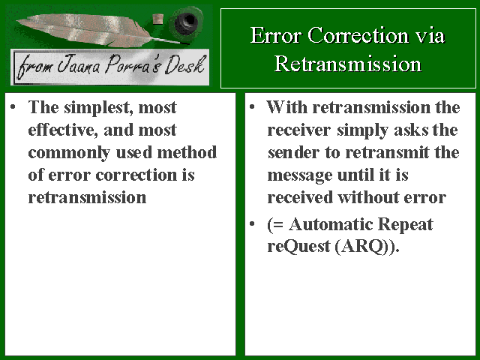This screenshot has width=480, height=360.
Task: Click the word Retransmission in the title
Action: tap(348, 64)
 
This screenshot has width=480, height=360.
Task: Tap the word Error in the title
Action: tap(275, 35)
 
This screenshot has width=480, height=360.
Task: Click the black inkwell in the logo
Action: tap(186, 21)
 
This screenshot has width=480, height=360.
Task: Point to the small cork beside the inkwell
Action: tap(158, 19)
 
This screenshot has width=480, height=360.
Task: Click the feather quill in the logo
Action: tap(91, 29)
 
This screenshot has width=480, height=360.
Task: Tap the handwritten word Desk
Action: tap(184, 65)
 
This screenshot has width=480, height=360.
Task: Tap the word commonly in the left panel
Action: tap(69, 153)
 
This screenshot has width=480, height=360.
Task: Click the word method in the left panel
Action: tap(187, 152)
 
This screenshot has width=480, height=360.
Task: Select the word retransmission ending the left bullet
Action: tap(87, 197)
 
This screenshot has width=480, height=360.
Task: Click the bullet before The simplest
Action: tap(13, 107)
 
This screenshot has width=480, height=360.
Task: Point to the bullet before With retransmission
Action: tap(252, 107)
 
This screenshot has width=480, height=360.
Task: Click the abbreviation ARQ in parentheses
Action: tap(362, 247)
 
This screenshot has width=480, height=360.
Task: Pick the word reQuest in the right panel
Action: tap(298, 247)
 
